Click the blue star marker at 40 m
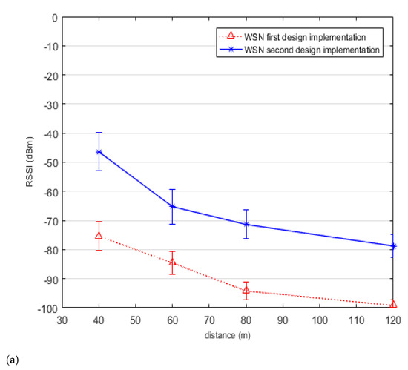(x=99, y=152)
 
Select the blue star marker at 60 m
(x=172, y=206)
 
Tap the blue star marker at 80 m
(x=246, y=224)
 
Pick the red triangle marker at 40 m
(x=99, y=236)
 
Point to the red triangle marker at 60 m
(x=172, y=262)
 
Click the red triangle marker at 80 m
(x=246, y=290)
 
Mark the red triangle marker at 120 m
(x=393, y=304)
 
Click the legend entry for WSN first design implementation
(x=292, y=37)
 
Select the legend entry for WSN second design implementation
(x=300, y=50)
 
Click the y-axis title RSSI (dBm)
(x=30, y=162)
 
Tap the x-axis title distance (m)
(x=228, y=335)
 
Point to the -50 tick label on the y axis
(x=50, y=162)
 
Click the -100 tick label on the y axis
(x=48, y=309)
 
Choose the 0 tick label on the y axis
(x=55, y=19)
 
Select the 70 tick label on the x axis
(x=209, y=320)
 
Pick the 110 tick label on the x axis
(x=356, y=320)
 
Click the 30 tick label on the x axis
(x=62, y=320)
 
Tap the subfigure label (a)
(x=12, y=360)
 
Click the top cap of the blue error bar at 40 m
(x=99, y=133)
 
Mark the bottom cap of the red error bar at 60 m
(x=172, y=274)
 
